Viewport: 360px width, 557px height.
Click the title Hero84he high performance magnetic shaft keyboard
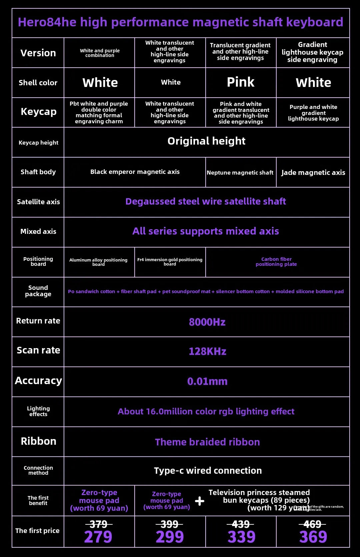(x=180, y=22)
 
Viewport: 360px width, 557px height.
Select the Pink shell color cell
(x=241, y=82)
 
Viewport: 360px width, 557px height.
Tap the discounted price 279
(x=98, y=537)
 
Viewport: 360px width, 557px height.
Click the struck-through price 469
(x=312, y=524)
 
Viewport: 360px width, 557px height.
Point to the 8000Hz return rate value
(x=207, y=322)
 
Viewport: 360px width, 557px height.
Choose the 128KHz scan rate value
(x=207, y=351)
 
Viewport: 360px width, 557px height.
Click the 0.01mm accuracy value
(x=207, y=381)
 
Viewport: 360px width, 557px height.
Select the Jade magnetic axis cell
(x=313, y=173)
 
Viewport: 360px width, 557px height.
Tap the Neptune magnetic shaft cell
(x=240, y=173)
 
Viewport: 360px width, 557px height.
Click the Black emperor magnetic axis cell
(x=135, y=172)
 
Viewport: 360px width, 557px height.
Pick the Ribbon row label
(x=38, y=441)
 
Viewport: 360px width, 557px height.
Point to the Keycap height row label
(x=38, y=143)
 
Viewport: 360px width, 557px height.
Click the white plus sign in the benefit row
(x=199, y=501)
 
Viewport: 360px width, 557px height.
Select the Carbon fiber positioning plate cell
(x=276, y=262)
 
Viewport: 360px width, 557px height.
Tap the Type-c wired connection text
(x=208, y=470)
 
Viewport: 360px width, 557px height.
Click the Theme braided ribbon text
(x=207, y=442)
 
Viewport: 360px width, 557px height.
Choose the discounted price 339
(x=241, y=537)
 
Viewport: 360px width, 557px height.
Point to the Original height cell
(x=206, y=141)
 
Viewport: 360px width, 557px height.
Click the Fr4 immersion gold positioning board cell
(x=170, y=262)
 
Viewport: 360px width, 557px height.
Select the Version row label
(x=38, y=53)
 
